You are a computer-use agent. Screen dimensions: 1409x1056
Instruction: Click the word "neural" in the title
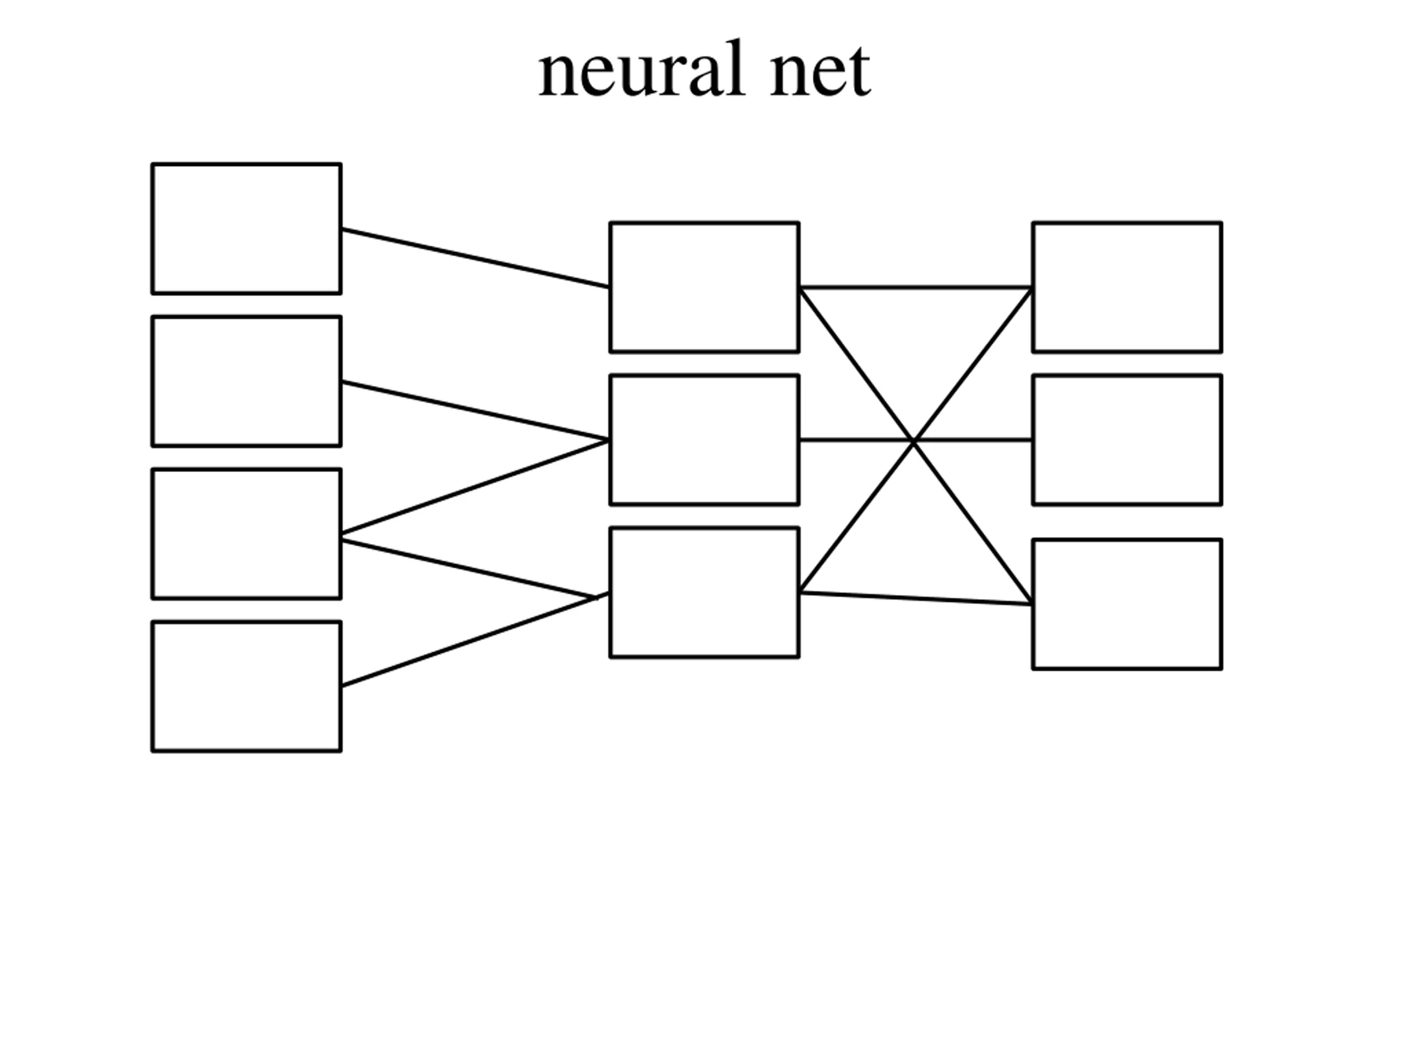pyautogui.click(x=641, y=69)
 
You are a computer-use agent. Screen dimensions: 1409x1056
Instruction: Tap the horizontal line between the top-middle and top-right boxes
pyautogui.click(x=916, y=287)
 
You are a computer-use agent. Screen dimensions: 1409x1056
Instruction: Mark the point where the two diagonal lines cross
pyautogui.click(x=914, y=441)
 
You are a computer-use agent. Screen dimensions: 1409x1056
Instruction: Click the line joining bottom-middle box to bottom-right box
pyautogui.click(x=916, y=598)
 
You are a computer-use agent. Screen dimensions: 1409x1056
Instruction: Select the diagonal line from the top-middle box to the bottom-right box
pyautogui.click(x=916, y=446)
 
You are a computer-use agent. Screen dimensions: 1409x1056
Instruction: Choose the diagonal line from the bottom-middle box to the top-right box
pyautogui.click(x=916, y=440)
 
